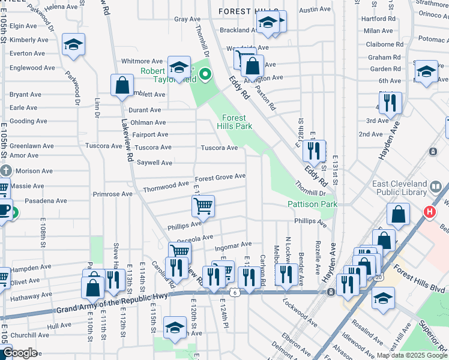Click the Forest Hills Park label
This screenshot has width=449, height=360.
[237, 122]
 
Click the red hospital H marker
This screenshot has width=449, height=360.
[430, 212]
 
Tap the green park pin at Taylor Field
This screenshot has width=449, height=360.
[205, 75]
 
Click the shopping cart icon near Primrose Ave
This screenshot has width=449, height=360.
[203, 206]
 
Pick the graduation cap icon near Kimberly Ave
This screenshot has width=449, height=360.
[74, 45]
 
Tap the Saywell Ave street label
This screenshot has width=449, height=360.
[155, 163]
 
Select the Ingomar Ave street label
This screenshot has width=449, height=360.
[233, 245]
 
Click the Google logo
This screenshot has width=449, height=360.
[20, 353]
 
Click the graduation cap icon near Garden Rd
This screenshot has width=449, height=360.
[426, 71]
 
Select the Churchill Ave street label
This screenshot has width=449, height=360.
[29, 335]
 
